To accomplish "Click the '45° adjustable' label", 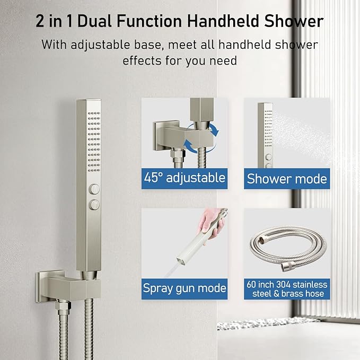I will pos(185,177).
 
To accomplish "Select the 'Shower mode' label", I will pos(287,178).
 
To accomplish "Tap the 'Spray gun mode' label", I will pos(185,288).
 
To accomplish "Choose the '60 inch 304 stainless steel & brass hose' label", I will pos(287,289).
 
